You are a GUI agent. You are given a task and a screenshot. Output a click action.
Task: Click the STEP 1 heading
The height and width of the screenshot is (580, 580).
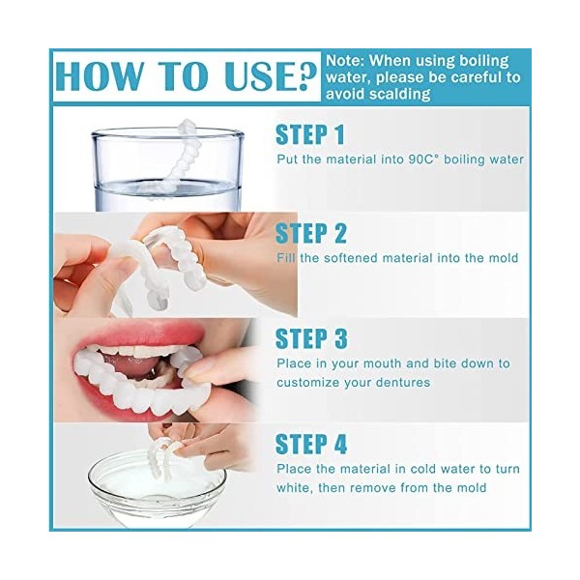[x=310, y=133]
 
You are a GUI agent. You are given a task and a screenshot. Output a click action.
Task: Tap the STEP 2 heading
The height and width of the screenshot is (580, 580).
[x=310, y=233]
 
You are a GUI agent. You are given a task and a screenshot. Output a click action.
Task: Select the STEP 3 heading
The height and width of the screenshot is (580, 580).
[x=311, y=338]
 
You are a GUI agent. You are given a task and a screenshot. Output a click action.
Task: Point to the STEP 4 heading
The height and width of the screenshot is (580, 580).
[x=311, y=444]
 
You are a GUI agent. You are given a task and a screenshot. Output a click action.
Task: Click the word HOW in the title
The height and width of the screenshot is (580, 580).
[x=101, y=75]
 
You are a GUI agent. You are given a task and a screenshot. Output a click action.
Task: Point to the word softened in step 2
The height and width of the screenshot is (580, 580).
[x=359, y=258]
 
